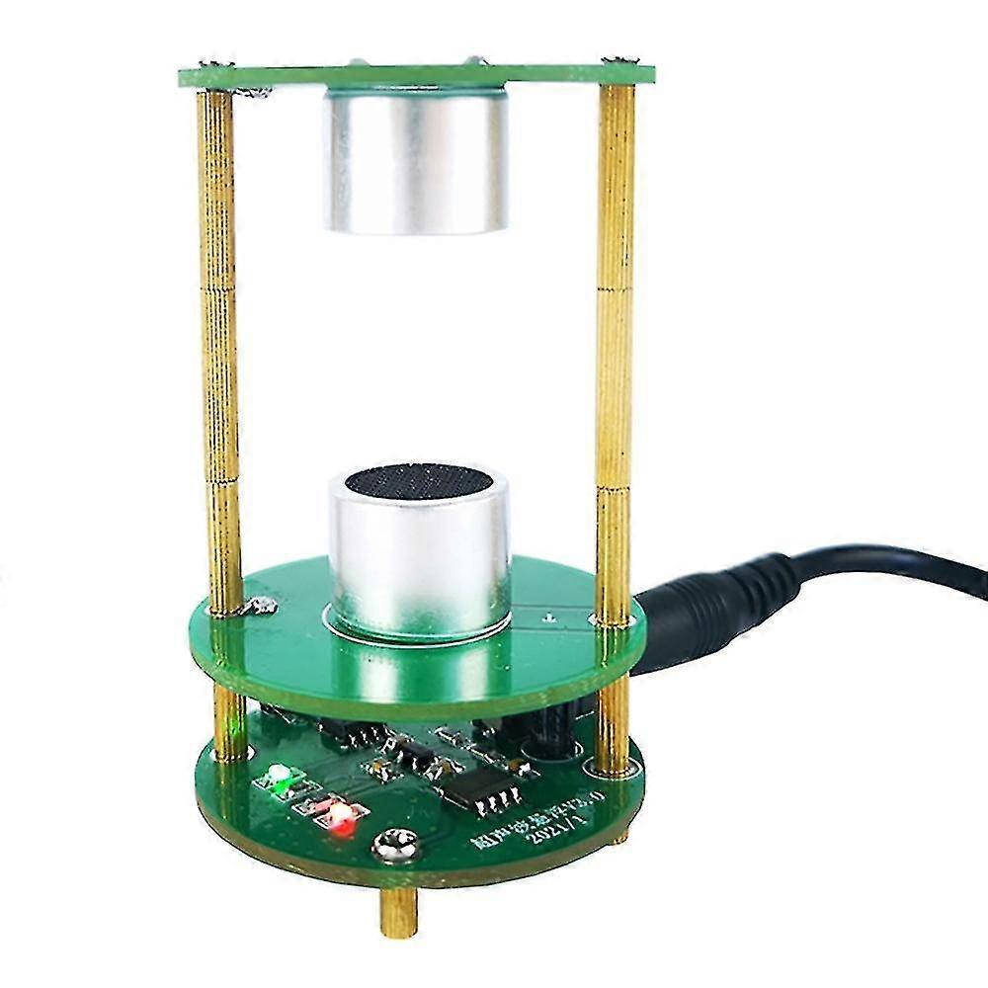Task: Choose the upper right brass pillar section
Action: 616,188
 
